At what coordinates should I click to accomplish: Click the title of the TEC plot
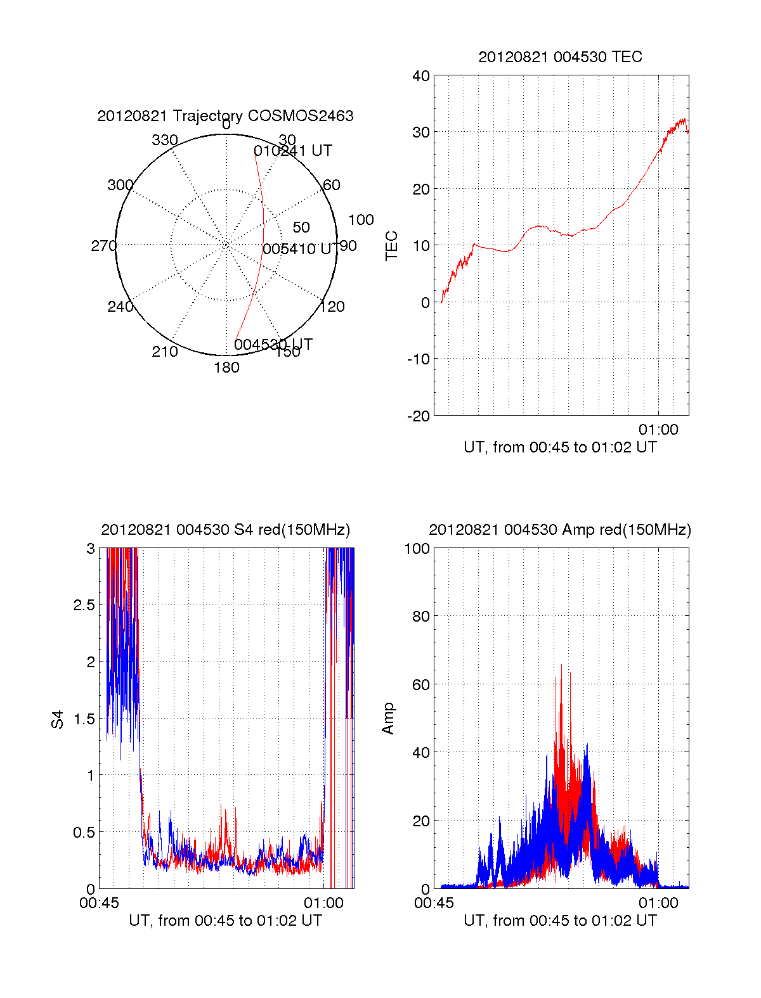[560, 57]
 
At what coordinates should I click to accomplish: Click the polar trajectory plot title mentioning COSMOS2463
[225, 116]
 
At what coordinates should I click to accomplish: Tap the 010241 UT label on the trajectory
[293, 151]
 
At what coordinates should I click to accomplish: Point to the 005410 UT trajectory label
[297, 249]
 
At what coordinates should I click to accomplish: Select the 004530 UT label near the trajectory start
[273, 345]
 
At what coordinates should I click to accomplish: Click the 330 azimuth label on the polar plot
[165, 140]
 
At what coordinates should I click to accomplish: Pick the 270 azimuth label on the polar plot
[103, 246]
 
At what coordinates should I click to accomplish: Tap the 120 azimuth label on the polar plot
[332, 307]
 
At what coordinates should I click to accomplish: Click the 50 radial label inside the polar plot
[301, 227]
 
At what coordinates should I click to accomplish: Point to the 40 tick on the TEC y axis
[421, 76]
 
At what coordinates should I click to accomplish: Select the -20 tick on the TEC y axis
[419, 416]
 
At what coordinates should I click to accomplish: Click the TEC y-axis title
[392, 246]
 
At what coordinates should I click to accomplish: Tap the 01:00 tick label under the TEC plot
[658, 430]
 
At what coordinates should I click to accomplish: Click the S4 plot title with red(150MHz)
[225, 530]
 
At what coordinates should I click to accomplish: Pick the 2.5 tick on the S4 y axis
[84, 605]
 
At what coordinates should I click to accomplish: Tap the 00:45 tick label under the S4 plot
[99, 903]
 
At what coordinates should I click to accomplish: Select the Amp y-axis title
[388, 719]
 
